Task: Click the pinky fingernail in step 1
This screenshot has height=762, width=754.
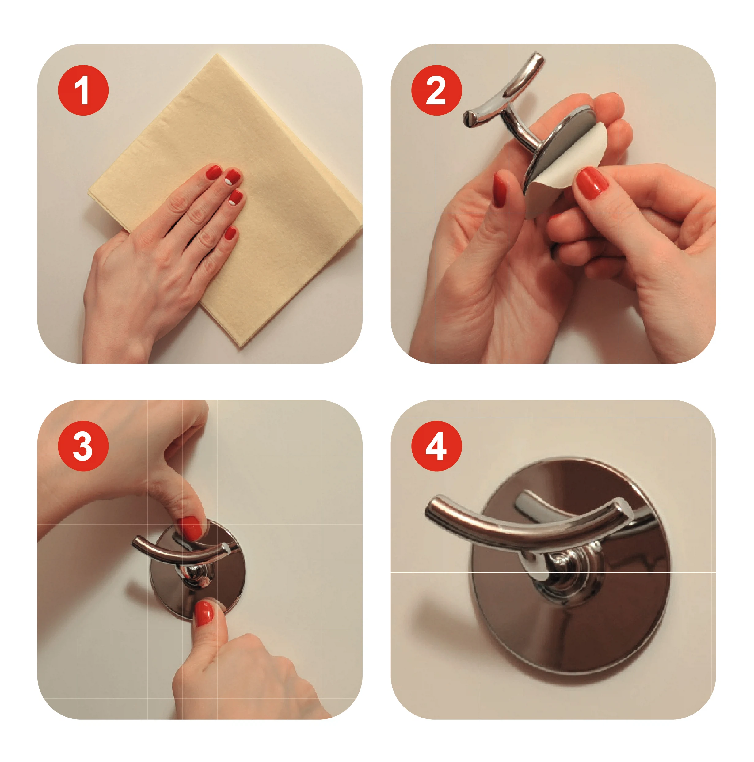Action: [x=230, y=233]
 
